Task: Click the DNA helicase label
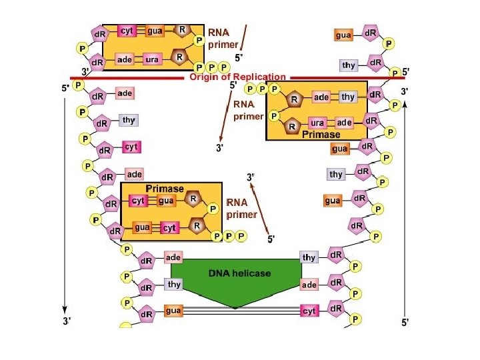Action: (x=239, y=273)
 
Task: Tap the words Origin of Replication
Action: (x=237, y=77)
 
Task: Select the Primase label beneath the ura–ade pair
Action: (x=321, y=134)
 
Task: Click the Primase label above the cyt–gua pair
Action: (x=165, y=189)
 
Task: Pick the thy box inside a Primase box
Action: (x=348, y=97)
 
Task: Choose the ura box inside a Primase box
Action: (x=318, y=123)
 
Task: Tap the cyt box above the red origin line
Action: (x=127, y=31)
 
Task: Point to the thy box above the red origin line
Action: (x=348, y=65)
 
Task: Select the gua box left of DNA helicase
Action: (x=173, y=311)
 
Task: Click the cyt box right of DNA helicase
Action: (x=309, y=311)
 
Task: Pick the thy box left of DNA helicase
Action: (x=173, y=285)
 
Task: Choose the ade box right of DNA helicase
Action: (x=309, y=285)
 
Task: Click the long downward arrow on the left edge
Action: (x=65, y=200)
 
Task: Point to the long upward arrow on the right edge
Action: (x=405, y=200)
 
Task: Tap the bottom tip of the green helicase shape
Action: (x=235, y=307)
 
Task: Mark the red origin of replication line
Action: (x=133, y=78)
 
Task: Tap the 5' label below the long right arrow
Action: (x=405, y=322)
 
